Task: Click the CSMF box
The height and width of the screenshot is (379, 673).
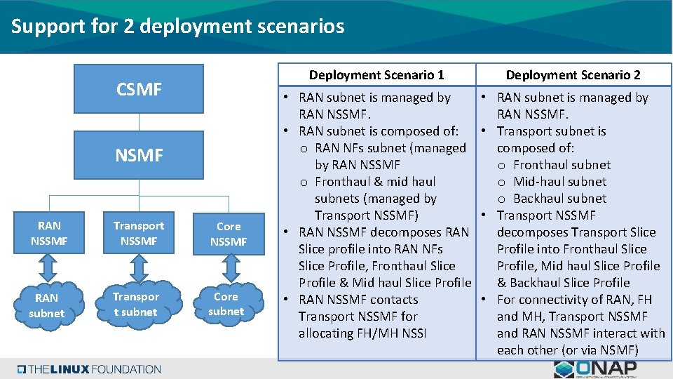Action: [139, 89]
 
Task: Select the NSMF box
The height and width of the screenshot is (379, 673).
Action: [139, 154]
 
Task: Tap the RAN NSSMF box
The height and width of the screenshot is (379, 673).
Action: [49, 234]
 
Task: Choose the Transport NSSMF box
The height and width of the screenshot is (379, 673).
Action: [139, 234]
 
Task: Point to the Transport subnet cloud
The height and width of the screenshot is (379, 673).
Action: [136, 304]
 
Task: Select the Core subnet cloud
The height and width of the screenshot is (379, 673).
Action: [226, 304]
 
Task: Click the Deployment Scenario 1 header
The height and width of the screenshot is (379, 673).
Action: [376, 74]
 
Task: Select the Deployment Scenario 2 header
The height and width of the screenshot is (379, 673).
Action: [573, 74]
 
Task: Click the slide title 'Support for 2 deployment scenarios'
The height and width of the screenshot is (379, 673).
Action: [178, 27]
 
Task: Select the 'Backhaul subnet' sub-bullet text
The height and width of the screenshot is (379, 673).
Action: [560, 199]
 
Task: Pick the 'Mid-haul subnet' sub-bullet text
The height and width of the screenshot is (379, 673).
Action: [560, 182]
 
